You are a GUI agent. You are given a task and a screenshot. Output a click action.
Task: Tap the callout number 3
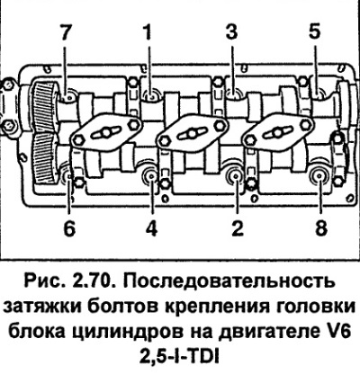pyautogui.click(x=231, y=31)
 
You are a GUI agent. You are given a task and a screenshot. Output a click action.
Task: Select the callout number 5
pyautogui.click(x=314, y=31)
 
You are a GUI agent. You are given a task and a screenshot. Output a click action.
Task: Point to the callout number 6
pyautogui.click(x=69, y=228)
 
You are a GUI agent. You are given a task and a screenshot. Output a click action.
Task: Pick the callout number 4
pyautogui.click(x=152, y=228)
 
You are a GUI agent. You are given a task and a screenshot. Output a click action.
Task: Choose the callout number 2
pyautogui.click(x=237, y=228)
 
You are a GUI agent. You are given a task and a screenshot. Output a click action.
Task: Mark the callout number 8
pyautogui.click(x=320, y=228)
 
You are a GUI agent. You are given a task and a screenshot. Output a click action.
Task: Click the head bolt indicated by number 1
pyautogui.click(x=150, y=95)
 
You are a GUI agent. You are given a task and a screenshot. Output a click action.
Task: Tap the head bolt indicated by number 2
pyautogui.click(x=236, y=176)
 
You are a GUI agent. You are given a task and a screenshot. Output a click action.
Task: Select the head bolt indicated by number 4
pyautogui.click(x=151, y=176)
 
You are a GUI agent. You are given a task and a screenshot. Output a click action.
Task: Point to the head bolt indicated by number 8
pyautogui.click(x=319, y=176)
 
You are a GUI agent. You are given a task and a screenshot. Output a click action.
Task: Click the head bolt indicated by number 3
pyautogui.click(x=234, y=94)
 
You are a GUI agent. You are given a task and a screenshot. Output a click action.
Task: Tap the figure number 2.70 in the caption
pyautogui.click(x=93, y=281)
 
